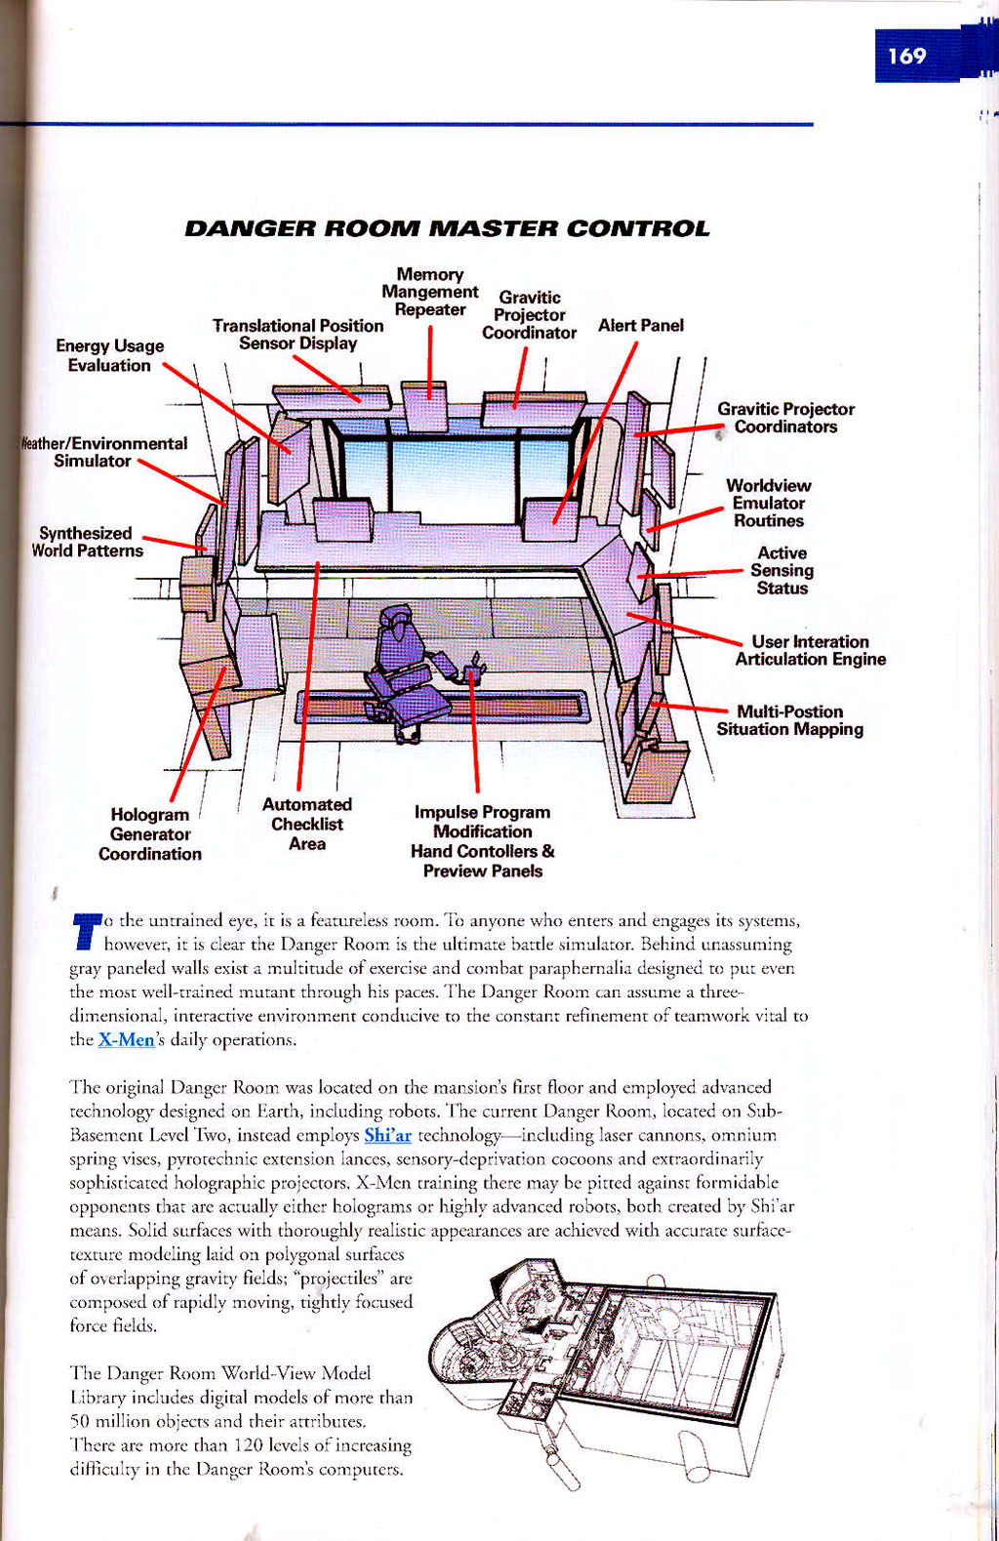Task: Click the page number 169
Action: (x=907, y=56)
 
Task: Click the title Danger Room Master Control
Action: (x=447, y=229)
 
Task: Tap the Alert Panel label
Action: (x=640, y=325)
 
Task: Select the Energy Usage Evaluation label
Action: (x=109, y=355)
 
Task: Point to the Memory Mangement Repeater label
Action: (x=430, y=292)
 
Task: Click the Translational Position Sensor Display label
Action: (x=298, y=334)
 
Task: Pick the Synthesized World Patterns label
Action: (x=86, y=542)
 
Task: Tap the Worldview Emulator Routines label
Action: (x=769, y=503)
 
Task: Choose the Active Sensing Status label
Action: (x=782, y=570)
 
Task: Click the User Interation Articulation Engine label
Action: (x=810, y=650)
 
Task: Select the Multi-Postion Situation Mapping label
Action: (x=789, y=720)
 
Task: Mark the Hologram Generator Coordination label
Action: (x=150, y=834)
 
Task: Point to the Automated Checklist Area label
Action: (x=306, y=824)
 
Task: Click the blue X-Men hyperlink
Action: (x=126, y=1040)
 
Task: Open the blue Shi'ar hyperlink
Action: (x=387, y=1136)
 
